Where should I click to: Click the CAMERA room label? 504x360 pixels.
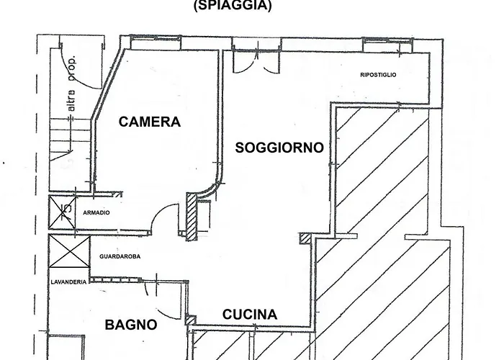tap(150, 122)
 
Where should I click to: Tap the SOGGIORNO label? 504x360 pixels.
tap(279, 148)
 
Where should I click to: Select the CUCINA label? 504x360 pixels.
tap(250, 315)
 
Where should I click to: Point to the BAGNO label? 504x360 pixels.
tap(131, 325)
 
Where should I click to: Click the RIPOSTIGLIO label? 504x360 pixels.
tap(378, 75)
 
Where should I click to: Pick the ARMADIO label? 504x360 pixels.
tap(96, 213)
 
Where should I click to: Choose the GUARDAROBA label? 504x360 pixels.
tap(120, 256)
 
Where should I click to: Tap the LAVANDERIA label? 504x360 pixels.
tap(68, 282)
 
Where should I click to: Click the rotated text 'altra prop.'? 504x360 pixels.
tap(72, 84)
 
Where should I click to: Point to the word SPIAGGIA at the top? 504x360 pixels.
tap(233, 5)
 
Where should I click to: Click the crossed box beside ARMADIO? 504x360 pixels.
tap(63, 213)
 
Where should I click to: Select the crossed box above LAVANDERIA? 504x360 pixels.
tap(69, 251)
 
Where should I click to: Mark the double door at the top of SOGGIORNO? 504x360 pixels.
tap(256, 61)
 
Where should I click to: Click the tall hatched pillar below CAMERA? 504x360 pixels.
tap(192, 216)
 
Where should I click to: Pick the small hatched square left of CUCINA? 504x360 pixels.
tap(191, 321)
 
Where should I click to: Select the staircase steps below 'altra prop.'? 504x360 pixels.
tap(71, 139)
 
